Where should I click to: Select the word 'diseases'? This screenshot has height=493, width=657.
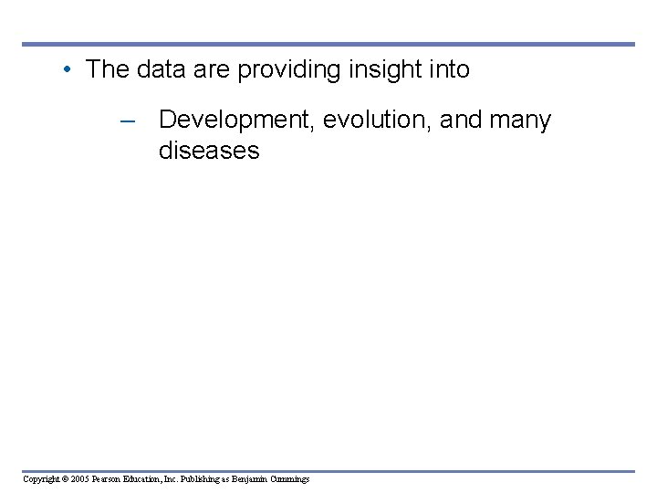pyautogui.click(x=209, y=151)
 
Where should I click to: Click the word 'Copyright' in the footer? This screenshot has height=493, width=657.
pyautogui.click(x=41, y=479)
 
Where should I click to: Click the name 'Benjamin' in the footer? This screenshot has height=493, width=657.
pyautogui.click(x=251, y=479)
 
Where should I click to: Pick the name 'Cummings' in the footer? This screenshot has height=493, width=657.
pyautogui.click(x=290, y=479)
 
